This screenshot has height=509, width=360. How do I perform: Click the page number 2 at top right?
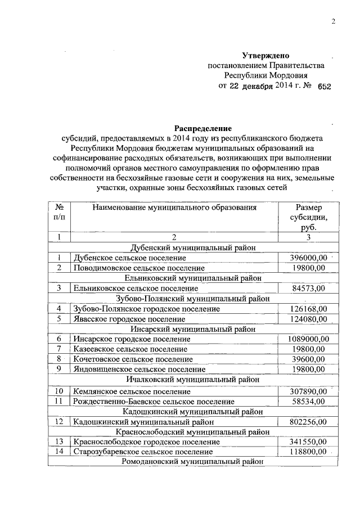pos(332,22)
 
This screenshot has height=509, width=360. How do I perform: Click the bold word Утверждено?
pos(265,56)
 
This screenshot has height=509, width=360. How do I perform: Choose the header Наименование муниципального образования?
pos(174,208)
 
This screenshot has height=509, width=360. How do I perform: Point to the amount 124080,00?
pos(307,319)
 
